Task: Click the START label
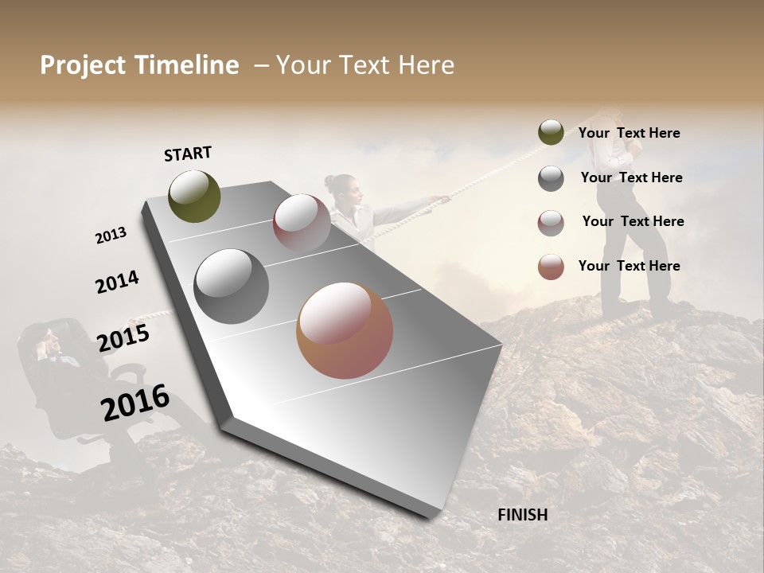[188, 154]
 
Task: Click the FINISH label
[522, 515]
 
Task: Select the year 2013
[111, 235]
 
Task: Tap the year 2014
[117, 282]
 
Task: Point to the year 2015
[123, 338]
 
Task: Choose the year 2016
[135, 403]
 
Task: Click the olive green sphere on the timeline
[194, 196]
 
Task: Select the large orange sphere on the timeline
[345, 330]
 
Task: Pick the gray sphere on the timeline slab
[231, 286]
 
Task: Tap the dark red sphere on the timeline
[302, 222]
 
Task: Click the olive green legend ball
[551, 133]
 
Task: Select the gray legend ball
[551, 178]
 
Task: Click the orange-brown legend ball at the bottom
[551, 267]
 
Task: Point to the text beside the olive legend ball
[629, 134]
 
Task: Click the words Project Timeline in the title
[139, 65]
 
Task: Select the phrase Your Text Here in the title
[365, 65]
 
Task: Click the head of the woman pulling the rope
[341, 186]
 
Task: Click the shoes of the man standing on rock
[637, 306]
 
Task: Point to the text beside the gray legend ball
[631, 177]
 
